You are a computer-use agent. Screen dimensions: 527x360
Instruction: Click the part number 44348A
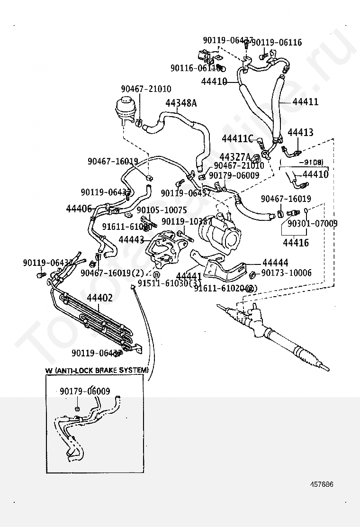point(181,102)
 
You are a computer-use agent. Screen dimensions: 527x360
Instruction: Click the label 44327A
point(235,157)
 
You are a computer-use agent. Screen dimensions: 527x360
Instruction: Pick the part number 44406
point(79,208)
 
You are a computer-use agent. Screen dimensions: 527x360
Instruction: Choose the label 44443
point(131,240)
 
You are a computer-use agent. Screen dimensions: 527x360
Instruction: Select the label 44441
point(189,276)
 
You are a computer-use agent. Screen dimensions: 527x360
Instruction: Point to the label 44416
point(296,243)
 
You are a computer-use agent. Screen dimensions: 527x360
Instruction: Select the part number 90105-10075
point(162,209)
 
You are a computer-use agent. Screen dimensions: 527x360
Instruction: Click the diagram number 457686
point(322,484)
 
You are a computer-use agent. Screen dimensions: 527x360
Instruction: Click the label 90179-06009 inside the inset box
point(85,391)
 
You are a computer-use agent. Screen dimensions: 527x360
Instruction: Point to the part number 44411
point(306,102)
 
